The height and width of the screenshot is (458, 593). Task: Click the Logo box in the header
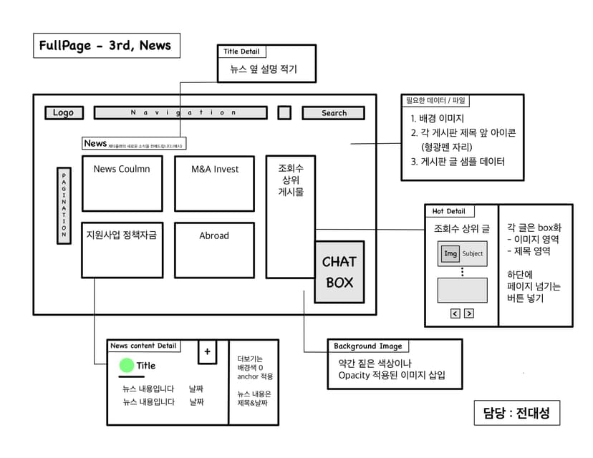coord(64,113)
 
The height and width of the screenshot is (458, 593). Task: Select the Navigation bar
coord(180,113)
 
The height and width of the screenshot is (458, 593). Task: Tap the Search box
coord(333,113)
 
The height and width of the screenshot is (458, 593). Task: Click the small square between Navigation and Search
coord(284,113)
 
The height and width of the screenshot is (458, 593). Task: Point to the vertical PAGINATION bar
coord(64,205)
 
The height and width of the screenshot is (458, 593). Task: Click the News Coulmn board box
coord(122,184)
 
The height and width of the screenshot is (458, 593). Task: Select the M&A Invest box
coord(214,184)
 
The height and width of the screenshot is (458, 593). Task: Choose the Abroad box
coord(214,250)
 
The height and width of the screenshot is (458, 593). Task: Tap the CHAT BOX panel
coord(339,273)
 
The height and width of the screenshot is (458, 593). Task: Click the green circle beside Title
coord(127,366)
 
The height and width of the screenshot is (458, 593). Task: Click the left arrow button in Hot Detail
coord(455,313)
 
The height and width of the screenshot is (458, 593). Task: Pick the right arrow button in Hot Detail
coord(469,313)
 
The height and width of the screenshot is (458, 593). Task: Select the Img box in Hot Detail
coord(450,253)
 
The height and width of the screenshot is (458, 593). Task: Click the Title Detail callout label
coord(241,52)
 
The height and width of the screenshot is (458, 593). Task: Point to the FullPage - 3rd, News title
coord(105,46)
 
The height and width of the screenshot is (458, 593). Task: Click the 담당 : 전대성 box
coord(516,413)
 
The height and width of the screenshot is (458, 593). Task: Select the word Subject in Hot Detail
coord(473,253)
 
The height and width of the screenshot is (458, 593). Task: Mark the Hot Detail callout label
coord(449,211)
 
